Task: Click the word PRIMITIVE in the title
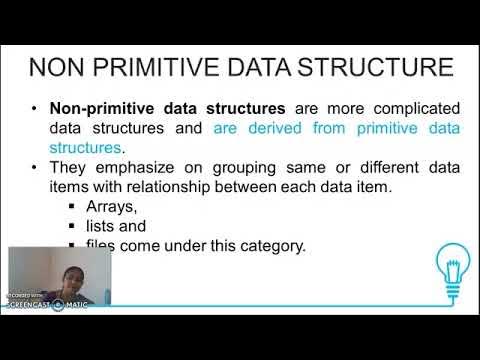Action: tap(154, 69)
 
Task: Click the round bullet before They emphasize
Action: tap(35, 168)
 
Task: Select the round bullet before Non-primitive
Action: tap(35, 108)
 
